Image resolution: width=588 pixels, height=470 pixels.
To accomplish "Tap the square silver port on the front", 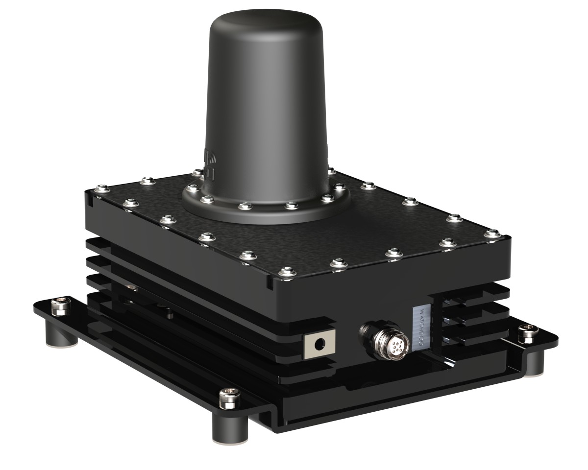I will coord(319,345).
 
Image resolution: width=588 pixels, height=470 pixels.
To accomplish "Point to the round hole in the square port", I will coord(320,345).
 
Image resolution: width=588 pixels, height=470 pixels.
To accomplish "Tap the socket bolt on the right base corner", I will coord(529,331).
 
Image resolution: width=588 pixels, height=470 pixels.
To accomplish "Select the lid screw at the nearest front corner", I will coord(286,271).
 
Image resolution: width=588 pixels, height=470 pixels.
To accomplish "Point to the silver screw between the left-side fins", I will coord(130,288).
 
